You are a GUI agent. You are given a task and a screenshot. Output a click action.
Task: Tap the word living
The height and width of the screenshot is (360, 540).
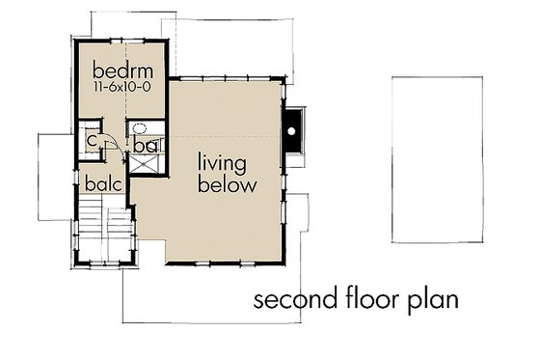point(227,161)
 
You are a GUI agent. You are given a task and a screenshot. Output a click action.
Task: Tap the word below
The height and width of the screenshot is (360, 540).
point(228,184)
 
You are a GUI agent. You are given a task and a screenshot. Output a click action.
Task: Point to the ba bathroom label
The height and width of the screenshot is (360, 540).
point(146,146)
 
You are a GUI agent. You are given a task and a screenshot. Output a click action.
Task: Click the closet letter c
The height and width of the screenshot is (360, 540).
point(91,140)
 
